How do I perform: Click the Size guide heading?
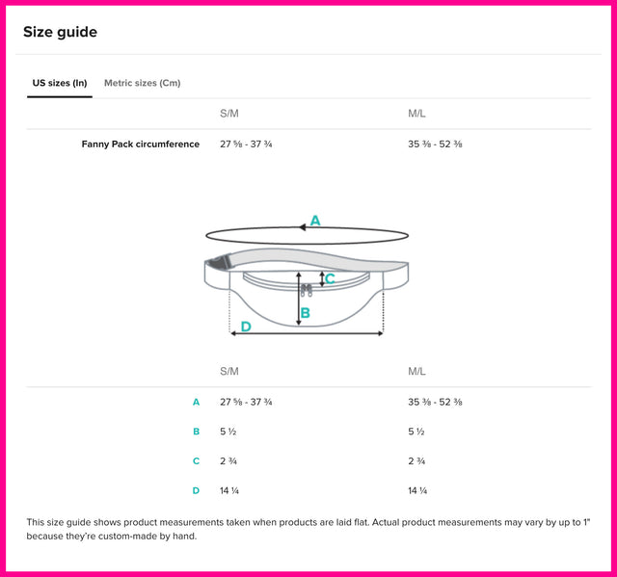(x=60, y=32)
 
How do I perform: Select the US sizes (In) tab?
(x=60, y=83)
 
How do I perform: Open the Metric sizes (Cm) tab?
(x=143, y=83)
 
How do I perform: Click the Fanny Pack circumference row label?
(x=141, y=144)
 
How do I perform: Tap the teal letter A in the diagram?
(x=315, y=221)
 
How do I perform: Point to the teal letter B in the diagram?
(x=306, y=313)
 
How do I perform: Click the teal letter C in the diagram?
(x=330, y=278)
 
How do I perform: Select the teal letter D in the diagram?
(x=246, y=327)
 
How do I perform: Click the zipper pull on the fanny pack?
(x=307, y=291)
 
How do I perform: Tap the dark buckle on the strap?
(x=220, y=262)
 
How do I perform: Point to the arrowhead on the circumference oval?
(x=302, y=227)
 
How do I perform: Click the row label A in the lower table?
(x=196, y=402)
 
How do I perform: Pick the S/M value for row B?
(x=228, y=432)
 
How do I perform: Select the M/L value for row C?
(x=416, y=461)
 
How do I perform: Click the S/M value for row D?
(x=229, y=490)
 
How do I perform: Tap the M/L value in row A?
(x=435, y=402)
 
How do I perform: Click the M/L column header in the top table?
(x=416, y=114)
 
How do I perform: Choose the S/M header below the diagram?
(x=229, y=372)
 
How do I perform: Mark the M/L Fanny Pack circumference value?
(x=435, y=144)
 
